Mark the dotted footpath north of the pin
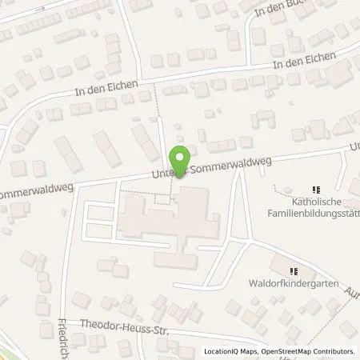[x=160, y=112]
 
